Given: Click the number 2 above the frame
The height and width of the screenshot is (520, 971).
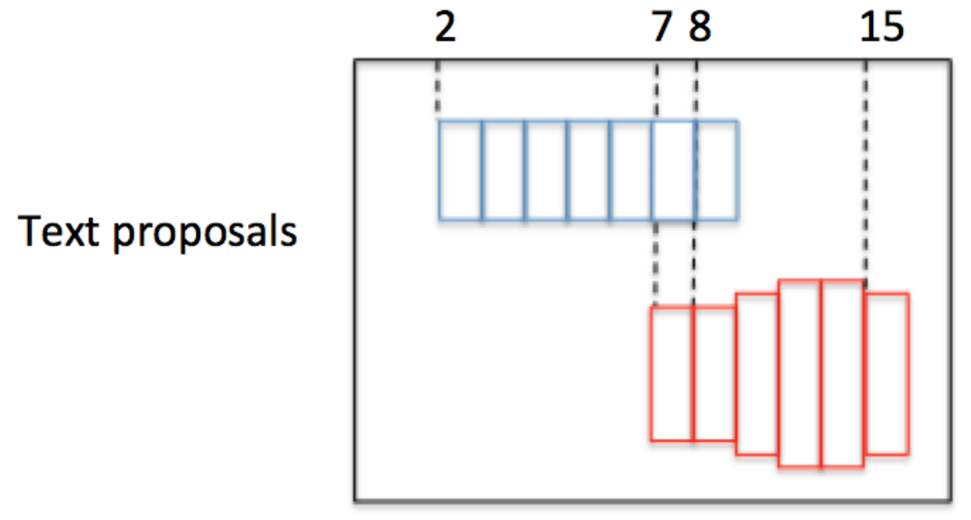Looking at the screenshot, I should click(445, 28).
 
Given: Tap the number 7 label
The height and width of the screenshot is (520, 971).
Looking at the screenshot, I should click(664, 28).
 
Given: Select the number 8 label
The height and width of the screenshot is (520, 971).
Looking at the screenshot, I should click(699, 28).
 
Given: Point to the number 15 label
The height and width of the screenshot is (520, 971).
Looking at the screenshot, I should click(881, 28).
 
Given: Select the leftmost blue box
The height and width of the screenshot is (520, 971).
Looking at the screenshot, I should click(460, 171).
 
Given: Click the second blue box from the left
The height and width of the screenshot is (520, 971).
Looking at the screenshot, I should click(503, 171).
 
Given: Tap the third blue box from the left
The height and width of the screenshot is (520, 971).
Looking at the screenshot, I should click(547, 171).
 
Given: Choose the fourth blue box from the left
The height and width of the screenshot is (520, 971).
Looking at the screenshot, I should click(589, 171).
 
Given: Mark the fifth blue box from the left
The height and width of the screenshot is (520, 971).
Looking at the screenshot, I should click(632, 171).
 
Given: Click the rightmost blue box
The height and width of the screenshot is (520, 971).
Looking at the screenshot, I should click(716, 171).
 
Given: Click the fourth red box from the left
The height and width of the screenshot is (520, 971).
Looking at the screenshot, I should click(799, 373).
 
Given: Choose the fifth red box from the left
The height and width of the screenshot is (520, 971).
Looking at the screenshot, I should click(843, 373).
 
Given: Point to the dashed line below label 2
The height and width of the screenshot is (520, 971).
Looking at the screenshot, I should click(438, 89).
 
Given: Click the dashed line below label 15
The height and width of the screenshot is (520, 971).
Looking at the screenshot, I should click(865, 170).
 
